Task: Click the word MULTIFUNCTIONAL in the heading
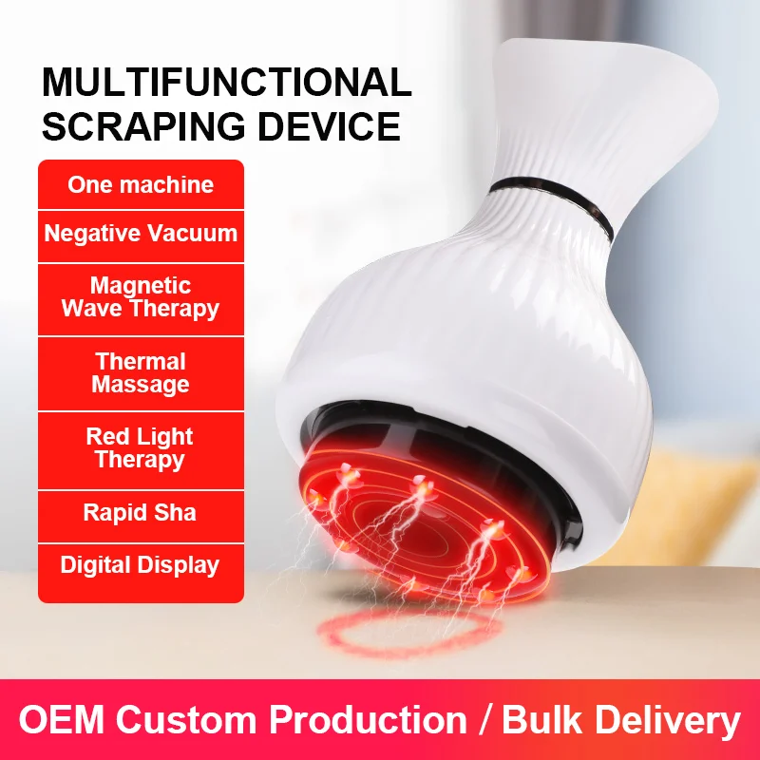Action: pyautogui.click(x=226, y=84)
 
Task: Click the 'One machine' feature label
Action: pyautogui.click(x=141, y=184)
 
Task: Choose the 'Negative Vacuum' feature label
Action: pyautogui.click(x=141, y=233)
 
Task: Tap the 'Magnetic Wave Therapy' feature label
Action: pyautogui.click(x=141, y=297)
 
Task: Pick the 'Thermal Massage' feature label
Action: pyautogui.click(x=141, y=373)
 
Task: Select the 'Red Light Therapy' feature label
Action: pyautogui.click(x=141, y=448)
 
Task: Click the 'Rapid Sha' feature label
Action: pyautogui.click(x=141, y=513)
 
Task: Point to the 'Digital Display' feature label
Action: pyautogui.click(x=141, y=565)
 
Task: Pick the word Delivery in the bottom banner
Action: pyautogui.click(x=675, y=720)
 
